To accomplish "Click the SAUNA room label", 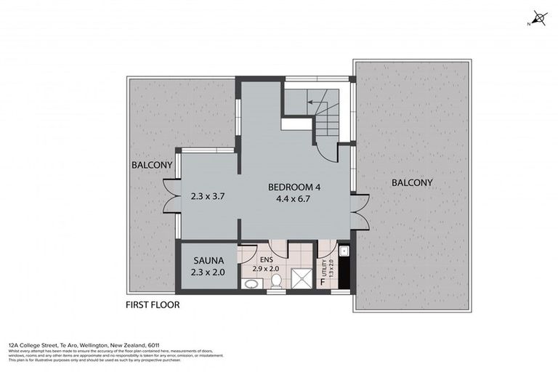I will [x=208, y=259].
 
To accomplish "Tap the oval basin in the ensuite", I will [x=251, y=285].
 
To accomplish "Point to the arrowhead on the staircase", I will [x=311, y=102].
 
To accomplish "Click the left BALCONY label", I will [x=152, y=165].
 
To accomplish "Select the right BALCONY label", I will [x=412, y=182].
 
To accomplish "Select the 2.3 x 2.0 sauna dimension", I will [x=208, y=272].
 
